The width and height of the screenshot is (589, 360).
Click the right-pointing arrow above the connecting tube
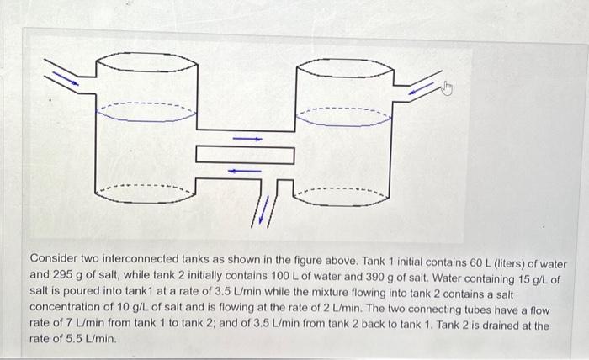247,138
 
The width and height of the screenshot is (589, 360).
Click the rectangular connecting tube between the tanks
245,155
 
